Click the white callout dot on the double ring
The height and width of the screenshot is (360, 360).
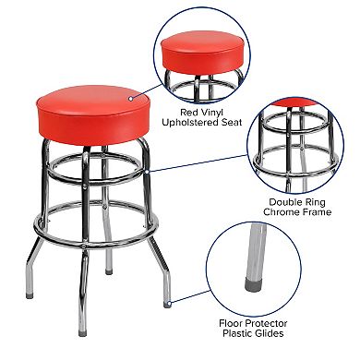pos(147,170)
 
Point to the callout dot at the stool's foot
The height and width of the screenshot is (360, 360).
pos(174,297)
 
